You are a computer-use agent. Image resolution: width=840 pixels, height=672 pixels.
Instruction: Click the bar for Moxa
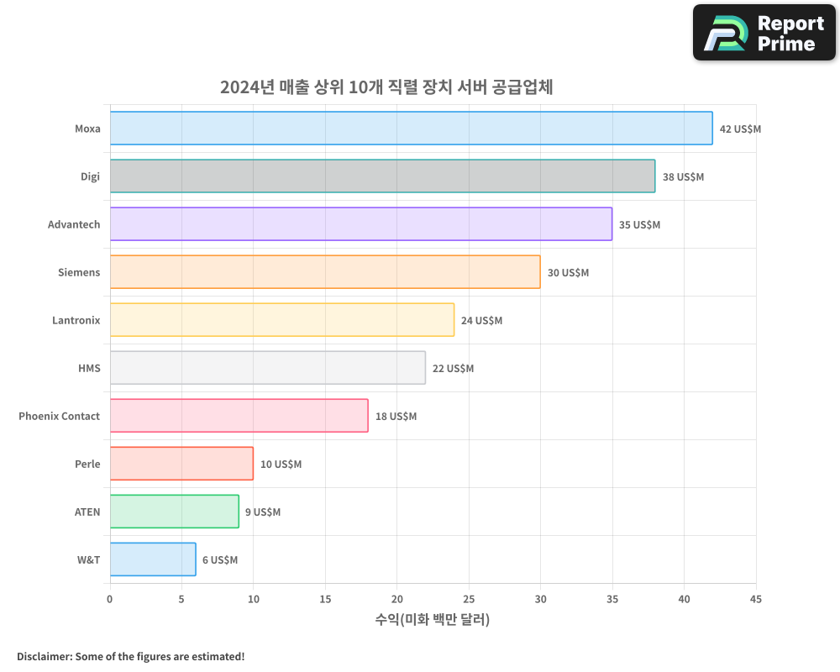coord(411,129)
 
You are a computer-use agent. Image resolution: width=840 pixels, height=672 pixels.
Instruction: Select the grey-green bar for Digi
coord(382,176)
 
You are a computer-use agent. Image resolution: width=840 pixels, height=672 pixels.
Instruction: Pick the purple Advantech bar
coord(360,224)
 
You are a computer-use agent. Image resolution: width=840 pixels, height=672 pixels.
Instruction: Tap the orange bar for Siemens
coord(325,272)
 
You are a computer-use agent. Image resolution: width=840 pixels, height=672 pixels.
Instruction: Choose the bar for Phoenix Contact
coord(239,416)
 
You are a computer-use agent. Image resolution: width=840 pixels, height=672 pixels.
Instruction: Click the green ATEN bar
coord(174,512)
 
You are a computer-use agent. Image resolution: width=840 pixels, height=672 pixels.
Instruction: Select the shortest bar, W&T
coord(153,559)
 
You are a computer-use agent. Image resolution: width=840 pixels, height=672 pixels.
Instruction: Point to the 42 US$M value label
coord(740,129)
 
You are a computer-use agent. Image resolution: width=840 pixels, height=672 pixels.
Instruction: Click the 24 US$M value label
coord(481,321)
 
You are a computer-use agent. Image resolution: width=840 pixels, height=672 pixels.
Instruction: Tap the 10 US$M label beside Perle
coord(281,465)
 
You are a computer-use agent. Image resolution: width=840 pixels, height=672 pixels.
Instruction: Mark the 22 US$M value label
coord(453,369)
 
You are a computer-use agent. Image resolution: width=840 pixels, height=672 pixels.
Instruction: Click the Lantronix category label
coord(76,320)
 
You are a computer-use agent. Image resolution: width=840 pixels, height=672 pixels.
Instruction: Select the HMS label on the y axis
coord(89,368)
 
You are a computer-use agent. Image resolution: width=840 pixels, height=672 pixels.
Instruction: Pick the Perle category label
coord(87,464)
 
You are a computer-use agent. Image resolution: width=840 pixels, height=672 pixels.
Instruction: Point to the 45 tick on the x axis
coord(755,599)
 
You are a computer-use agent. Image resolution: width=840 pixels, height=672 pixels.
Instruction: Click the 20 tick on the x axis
coord(396,599)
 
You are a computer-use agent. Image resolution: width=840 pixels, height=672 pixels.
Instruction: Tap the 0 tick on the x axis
coord(110,599)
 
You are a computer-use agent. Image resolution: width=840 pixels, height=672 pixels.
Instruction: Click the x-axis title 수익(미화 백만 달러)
coord(432,620)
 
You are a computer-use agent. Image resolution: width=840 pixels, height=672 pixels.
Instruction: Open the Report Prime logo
coord(764,33)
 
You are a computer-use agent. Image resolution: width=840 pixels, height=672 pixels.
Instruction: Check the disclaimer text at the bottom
coord(130,656)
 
